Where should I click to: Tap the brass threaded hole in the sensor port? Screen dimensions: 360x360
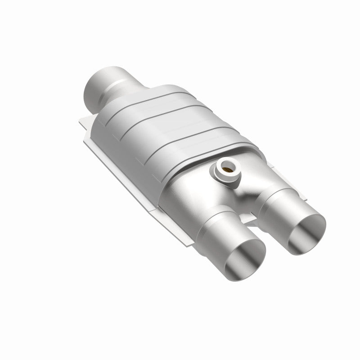click(227, 170)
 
